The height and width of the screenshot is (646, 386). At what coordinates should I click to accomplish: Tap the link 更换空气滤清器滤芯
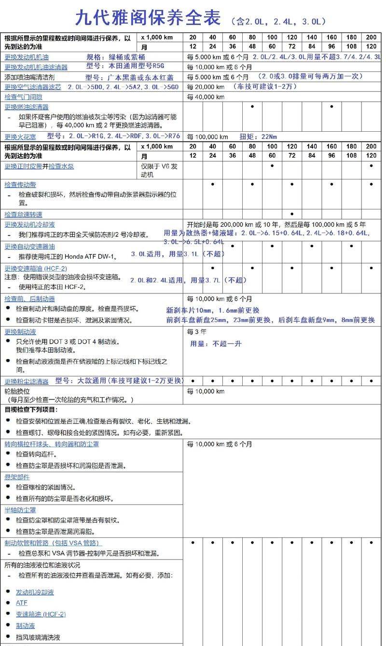(33, 87)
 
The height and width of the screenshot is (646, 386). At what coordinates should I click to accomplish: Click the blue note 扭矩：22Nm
(258, 137)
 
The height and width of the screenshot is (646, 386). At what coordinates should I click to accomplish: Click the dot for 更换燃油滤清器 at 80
(252, 106)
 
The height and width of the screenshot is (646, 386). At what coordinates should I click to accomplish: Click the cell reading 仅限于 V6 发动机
(159, 170)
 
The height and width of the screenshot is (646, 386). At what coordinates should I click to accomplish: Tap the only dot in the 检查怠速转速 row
(292, 214)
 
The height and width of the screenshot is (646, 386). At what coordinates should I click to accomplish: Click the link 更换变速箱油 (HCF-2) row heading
(36, 268)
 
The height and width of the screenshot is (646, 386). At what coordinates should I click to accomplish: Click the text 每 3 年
(196, 332)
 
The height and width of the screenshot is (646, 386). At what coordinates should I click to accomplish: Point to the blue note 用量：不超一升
(216, 344)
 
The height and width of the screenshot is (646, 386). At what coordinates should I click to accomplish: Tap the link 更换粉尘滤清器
(27, 381)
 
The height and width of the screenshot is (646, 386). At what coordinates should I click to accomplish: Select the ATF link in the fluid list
(22, 603)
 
